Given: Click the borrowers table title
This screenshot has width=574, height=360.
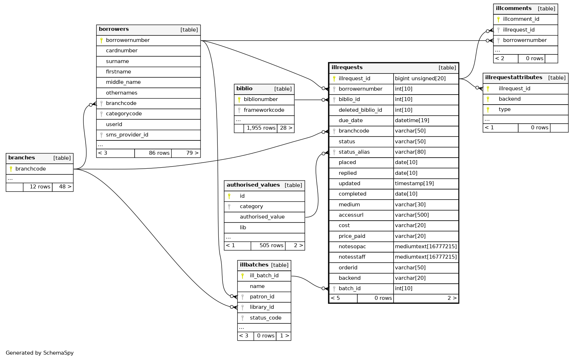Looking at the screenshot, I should point(114,29).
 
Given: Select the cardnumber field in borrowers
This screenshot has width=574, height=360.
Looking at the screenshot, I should point(122,51).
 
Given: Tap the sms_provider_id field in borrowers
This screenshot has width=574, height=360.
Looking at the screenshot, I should point(127,135).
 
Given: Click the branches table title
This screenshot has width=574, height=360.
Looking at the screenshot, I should point(21,158).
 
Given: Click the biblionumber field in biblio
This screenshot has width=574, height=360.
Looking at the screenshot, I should point(261,100).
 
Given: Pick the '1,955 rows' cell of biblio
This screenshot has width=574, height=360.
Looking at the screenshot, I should point(261,128).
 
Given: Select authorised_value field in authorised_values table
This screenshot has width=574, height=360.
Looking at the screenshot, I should point(262,217).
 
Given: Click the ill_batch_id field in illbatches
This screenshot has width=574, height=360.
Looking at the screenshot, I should point(264,276).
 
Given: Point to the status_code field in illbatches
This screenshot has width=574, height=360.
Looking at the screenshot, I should point(265,318).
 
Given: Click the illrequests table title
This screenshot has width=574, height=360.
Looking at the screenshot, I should point(347,68).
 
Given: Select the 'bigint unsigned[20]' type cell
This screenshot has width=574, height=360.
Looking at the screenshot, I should point(420,79).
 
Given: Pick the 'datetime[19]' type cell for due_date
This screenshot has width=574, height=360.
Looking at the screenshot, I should point(412,121).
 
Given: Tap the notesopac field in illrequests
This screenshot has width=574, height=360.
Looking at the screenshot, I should point(352,247).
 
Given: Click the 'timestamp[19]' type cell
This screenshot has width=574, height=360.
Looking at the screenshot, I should point(414,184).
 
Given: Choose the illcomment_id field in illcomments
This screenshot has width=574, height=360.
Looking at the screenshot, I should point(521,19).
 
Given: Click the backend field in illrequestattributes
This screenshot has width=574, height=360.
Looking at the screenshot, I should point(510,99).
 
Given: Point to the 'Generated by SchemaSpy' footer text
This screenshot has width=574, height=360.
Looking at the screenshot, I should point(40,353).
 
